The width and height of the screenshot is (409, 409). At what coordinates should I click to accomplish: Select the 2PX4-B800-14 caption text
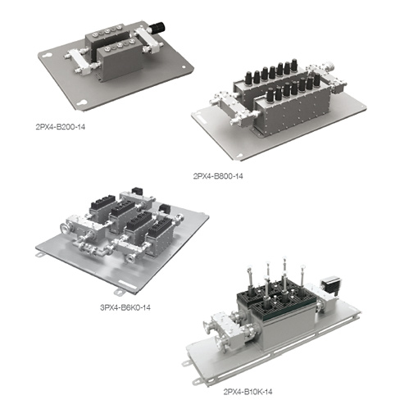point(217,175)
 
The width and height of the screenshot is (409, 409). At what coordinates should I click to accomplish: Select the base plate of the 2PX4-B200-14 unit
point(123,86)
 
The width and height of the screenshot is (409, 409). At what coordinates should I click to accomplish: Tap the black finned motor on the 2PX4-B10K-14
point(333,286)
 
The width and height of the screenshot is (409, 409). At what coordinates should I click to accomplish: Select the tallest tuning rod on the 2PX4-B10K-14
point(284,270)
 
